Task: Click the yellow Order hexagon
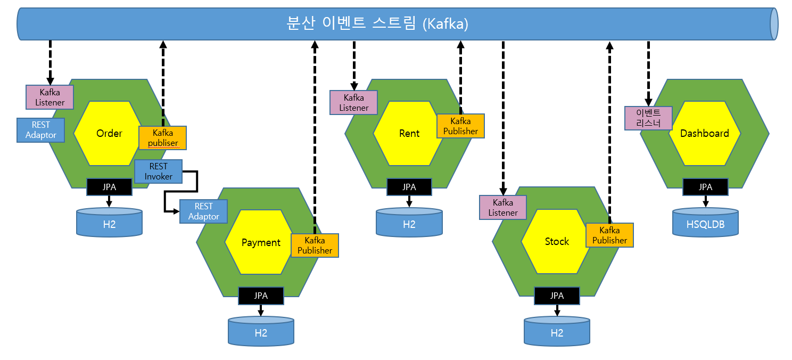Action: [106, 133]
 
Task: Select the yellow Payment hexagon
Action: [258, 242]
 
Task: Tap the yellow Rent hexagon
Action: [407, 133]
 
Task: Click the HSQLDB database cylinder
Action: [705, 223]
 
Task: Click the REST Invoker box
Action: [159, 171]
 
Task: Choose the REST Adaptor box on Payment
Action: [203, 211]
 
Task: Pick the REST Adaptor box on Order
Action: [40, 130]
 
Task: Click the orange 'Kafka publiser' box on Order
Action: [162, 137]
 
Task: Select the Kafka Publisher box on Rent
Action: [461, 126]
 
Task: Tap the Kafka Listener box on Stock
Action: [502, 208]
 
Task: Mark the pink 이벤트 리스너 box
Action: [648, 118]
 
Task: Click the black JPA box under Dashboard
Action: [705, 187]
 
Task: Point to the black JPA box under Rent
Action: [409, 187]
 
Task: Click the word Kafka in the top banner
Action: [445, 24]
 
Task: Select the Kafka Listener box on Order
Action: [49, 97]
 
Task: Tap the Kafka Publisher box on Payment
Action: [315, 246]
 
